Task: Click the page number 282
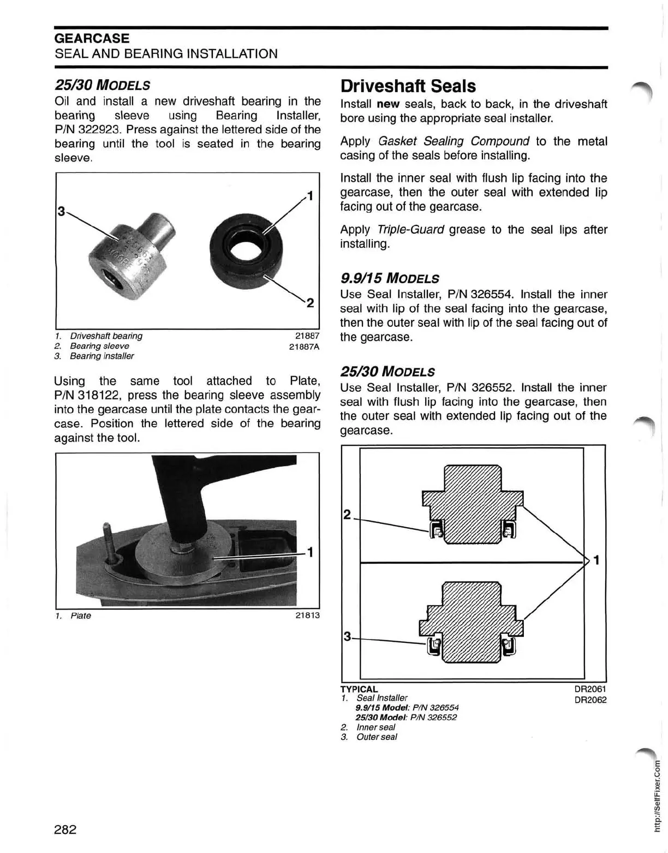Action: [65, 830]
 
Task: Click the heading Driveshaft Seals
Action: [408, 86]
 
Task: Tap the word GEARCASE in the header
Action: [92, 38]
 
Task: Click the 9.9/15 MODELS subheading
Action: [389, 278]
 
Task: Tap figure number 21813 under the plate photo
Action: [307, 616]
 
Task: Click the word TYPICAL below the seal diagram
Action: [359, 689]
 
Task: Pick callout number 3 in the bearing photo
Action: [61, 211]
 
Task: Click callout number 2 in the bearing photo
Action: [309, 303]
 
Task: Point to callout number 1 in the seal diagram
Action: [597, 560]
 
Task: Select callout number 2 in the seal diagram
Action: [346, 514]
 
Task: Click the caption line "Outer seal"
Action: [377, 737]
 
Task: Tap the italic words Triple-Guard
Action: [410, 230]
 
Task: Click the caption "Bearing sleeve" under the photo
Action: [99, 346]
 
